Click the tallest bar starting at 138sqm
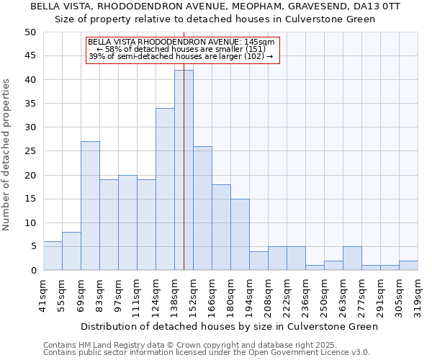[x=184, y=170]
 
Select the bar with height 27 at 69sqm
[x=90, y=206]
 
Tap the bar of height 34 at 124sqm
[x=165, y=189]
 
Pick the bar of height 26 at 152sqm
[x=202, y=208]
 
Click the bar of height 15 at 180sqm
[x=240, y=235]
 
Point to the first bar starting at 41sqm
[x=53, y=256]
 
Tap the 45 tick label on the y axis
[x=30, y=56]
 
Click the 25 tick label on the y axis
[x=30, y=151]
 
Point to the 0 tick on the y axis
[x=33, y=271]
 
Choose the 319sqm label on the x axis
[x=418, y=294]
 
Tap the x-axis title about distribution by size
[x=229, y=326]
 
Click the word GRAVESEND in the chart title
[x=304, y=6]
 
